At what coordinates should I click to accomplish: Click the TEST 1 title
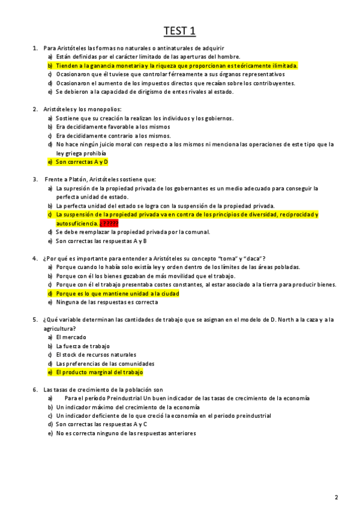click(180, 30)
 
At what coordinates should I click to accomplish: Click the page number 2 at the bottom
click(337, 497)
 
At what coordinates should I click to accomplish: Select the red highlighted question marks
click(109, 223)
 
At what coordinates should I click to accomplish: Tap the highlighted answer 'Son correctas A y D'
click(82, 162)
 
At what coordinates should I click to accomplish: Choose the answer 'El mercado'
click(71, 337)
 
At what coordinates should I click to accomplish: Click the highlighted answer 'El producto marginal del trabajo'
click(99, 372)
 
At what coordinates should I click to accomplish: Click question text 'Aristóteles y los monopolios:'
click(82, 109)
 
